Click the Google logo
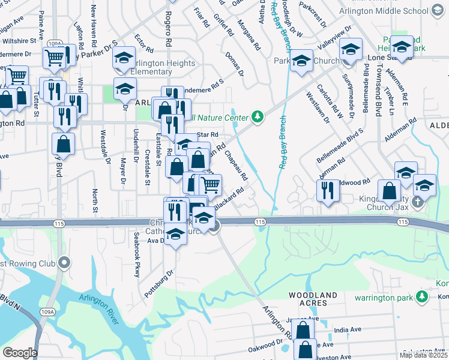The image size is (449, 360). [19, 353]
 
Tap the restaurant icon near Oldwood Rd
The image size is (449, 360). [328, 191]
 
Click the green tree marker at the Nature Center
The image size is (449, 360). [258, 116]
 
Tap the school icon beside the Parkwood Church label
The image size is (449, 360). [302, 61]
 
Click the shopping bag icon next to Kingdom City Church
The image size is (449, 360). [390, 190]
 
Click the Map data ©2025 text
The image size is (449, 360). [423, 355]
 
